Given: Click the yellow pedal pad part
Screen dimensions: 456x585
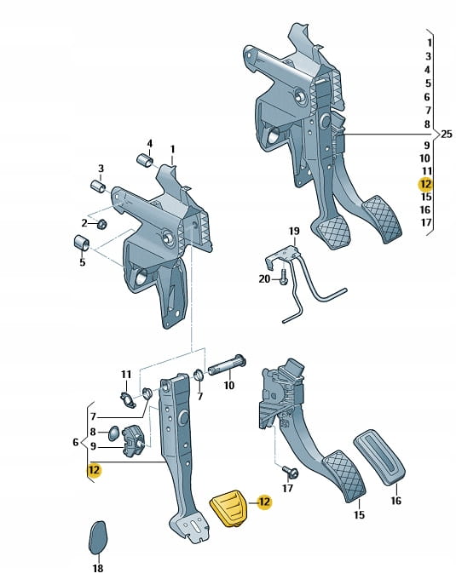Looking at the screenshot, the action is [228, 508].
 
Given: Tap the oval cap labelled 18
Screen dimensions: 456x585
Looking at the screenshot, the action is [98, 537].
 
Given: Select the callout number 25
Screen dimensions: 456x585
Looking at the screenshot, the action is [447, 134].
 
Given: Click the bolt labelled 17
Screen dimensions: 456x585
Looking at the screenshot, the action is [290, 472].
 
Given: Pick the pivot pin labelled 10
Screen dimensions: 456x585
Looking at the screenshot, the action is [227, 365].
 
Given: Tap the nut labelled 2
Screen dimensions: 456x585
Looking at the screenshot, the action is [101, 224].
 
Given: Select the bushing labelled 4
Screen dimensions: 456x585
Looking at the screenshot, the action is [145, 161].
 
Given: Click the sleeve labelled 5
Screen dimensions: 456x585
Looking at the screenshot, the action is [80, 244].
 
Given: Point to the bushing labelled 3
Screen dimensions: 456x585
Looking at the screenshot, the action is [98, 186].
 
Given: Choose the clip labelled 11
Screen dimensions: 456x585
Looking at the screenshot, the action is [128, 399].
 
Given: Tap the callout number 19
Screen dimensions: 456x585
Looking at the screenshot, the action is [294, 232].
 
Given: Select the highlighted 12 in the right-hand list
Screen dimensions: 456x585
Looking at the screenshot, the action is [426, 184].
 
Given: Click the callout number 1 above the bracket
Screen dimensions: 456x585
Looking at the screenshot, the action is [172, 150].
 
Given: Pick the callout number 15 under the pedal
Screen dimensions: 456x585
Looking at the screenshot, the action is [359, 515].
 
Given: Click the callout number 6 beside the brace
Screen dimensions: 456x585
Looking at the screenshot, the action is [76, 442].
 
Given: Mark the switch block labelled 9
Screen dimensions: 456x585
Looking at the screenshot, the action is [133, 440].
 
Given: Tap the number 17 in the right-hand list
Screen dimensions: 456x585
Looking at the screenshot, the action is [426, 223].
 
